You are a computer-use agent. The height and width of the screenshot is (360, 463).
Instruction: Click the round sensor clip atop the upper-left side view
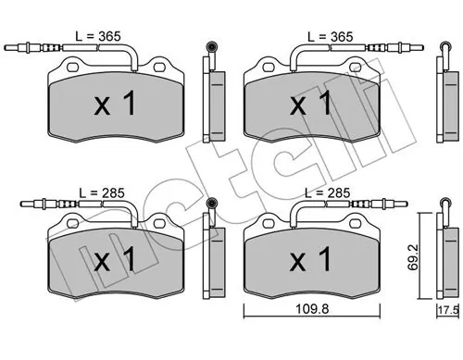coord(212,47)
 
